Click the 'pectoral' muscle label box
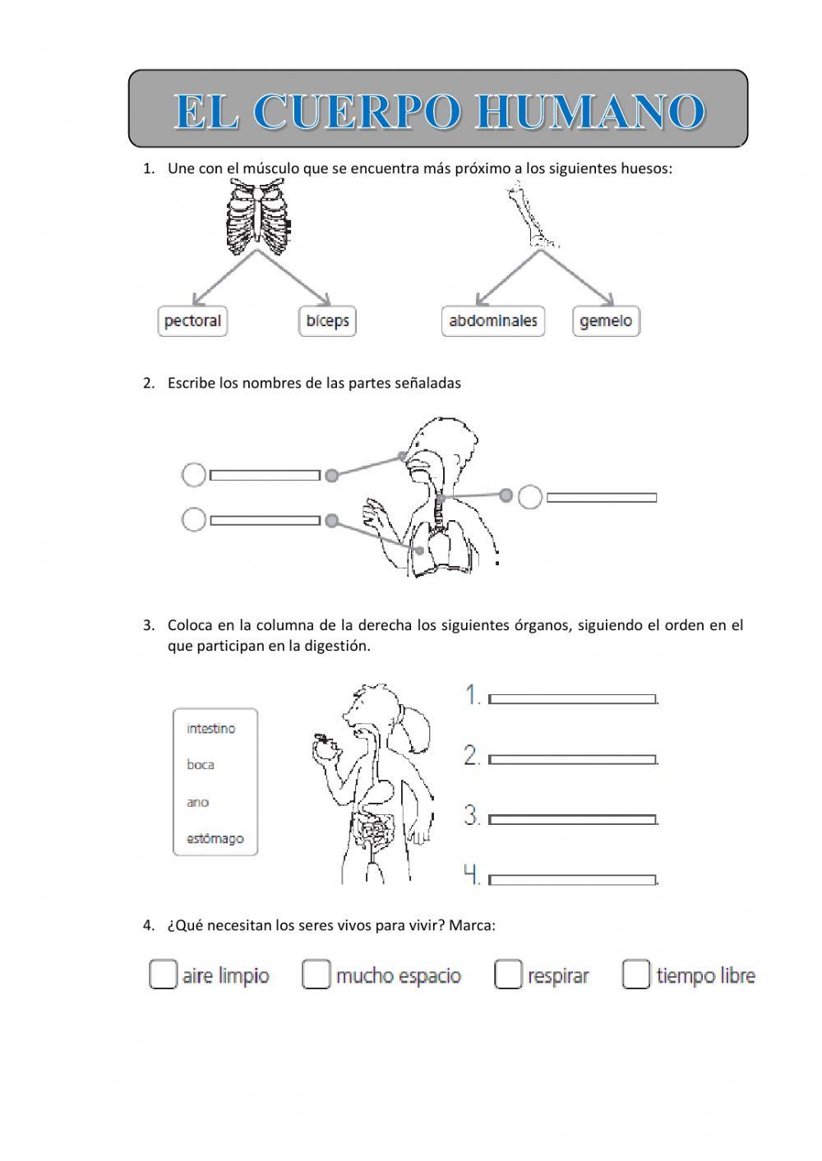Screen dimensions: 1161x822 point(192,320)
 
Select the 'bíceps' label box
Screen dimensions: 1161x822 point(327,320)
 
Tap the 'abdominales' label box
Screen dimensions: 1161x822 point(493,320)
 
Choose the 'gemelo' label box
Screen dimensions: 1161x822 point(606,320)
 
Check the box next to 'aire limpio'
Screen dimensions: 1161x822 point(163,974)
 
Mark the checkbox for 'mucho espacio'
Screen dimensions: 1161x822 point(316,974)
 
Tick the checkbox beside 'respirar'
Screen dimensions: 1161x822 point(508,974)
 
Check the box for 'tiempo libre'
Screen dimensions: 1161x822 point(636,974)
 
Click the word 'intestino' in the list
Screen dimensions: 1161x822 point(210,729)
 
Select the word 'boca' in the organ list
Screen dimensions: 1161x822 point(200,765)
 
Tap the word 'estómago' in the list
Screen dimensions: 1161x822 point(215,839)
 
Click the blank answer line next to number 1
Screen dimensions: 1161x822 point(573,699)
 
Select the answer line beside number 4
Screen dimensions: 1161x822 point(573,879)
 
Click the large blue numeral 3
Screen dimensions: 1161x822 point(472,816)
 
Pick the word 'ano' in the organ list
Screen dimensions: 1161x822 point(197,802)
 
